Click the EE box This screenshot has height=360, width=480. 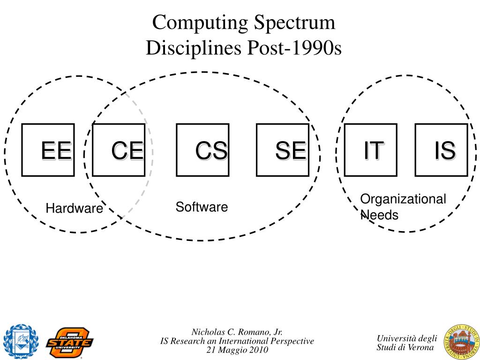point(48,150)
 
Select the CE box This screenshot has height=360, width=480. point(119,150)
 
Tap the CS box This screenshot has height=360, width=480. point(202,150)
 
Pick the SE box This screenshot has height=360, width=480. point(282,150)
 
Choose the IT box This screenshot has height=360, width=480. point(371,150)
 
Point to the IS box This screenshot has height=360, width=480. point(441,150)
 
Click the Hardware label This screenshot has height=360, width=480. point(74,209)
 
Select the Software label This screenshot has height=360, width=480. point(202,207)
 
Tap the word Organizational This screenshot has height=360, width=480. point(403,199)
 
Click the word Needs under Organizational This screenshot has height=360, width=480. point(379,215)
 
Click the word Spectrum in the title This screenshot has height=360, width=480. point(296,22)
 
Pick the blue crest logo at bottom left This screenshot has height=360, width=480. point(20,341)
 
